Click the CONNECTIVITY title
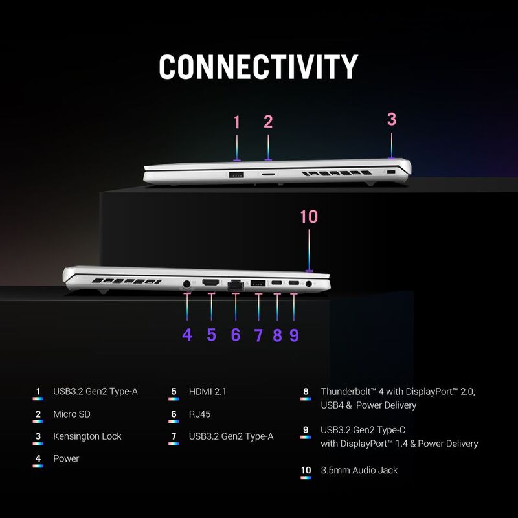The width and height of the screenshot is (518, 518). pyautogui.click(x=258, y=67)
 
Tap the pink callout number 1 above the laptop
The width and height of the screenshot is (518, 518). pyautogui.click(x=236, y=122)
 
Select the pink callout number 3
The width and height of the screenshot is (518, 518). pyautogui.click(x=392, y=119)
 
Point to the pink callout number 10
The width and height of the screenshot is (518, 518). pyautogui.click(x=309, y=217)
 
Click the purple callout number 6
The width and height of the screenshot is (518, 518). pyautogui.click(x=236, y=335)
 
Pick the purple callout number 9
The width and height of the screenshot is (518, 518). pyautogui.click(x=294, y=335)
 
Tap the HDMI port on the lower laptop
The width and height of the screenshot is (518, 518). pyautogui.click(x=210, y=283)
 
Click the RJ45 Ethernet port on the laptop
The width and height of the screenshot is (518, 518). pyautogui.click(x=236, y=286)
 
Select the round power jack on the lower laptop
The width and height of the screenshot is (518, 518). pyautogui.click(x=186, y=284)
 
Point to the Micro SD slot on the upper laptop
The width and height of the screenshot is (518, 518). pyautogui.click(x=268, y=174)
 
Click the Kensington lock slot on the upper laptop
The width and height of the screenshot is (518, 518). pyautogui.click(x=391, y=172)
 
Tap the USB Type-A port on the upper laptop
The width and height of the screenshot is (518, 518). pyautogui.click(x=236, y=174)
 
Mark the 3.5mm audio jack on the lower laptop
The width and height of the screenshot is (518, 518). pyautogui.click(x=309, y=284)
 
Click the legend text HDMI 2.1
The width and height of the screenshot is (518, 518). pyautogui.click(x=207, y=392)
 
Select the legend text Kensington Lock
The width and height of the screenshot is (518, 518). pyautogui.click(x=87, y=436)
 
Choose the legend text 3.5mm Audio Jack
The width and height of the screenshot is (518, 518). pyautogui.click(x=359, y=471)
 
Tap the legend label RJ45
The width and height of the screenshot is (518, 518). pyautogui.click(x=199, y=414)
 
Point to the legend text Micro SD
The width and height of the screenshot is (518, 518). pyautogui.click(x=72, y=414)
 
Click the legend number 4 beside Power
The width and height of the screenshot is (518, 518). pyautogui.click(x=38, y=459)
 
